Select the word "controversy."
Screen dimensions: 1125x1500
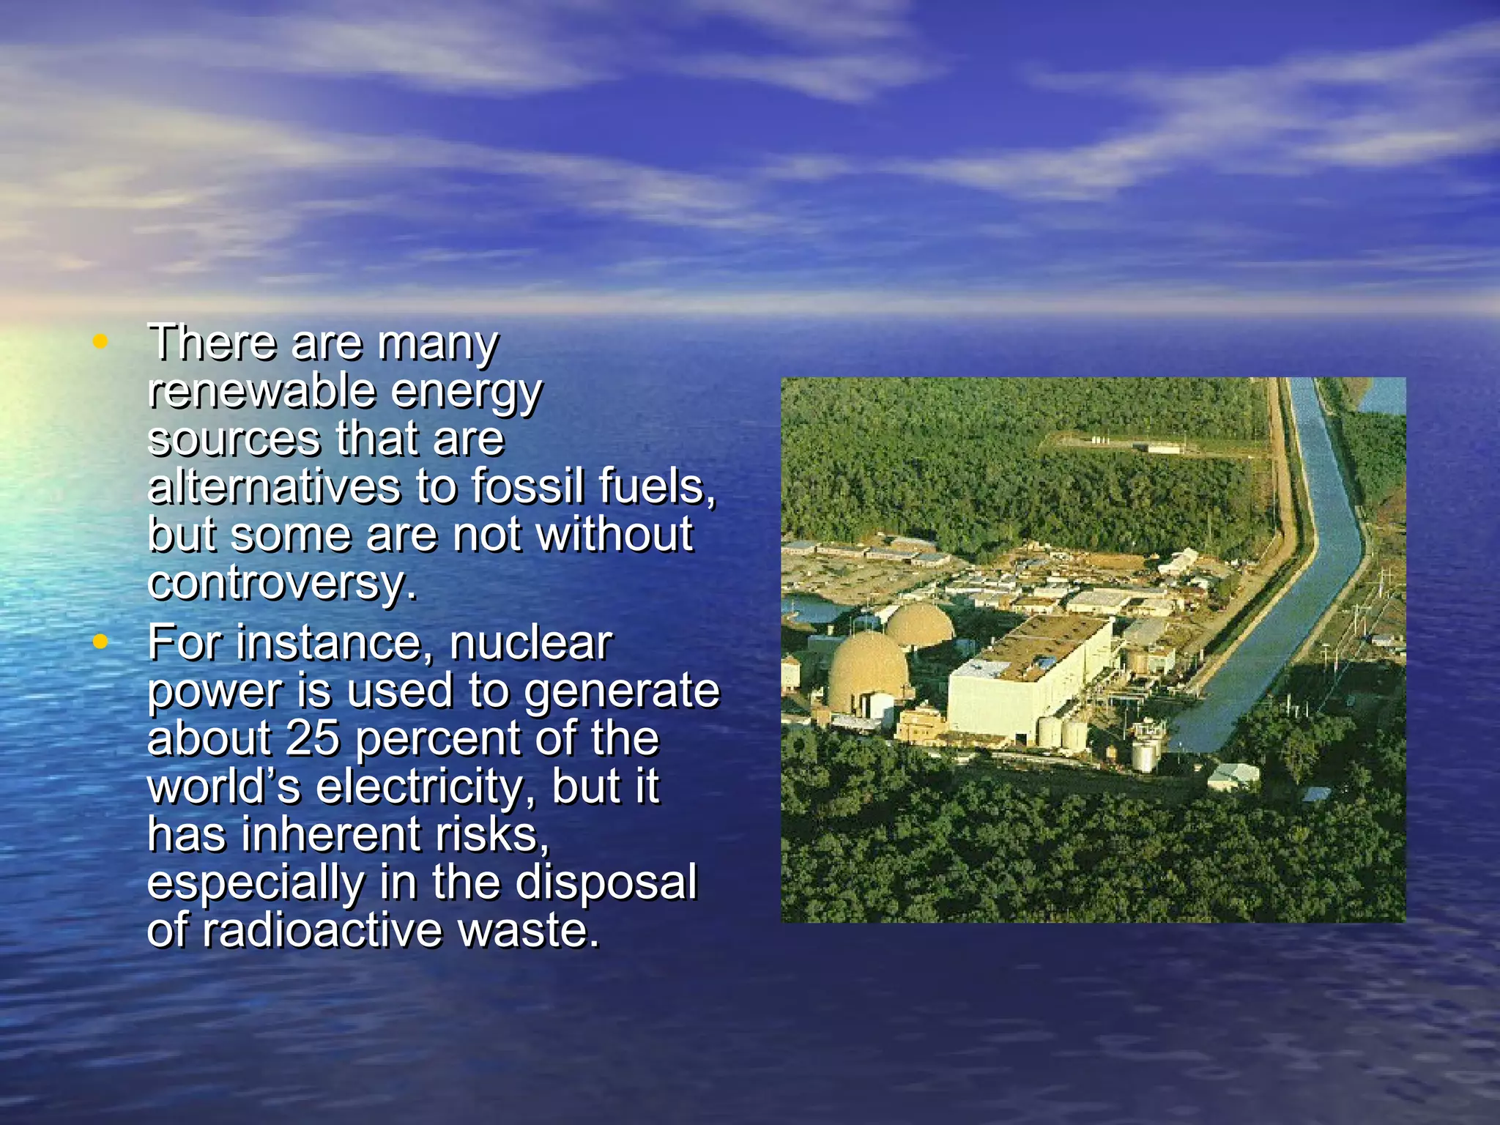282,583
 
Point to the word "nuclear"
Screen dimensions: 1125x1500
530,643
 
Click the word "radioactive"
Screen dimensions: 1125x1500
322,930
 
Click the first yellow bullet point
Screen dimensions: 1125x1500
100,341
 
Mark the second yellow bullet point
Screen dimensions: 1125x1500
100,642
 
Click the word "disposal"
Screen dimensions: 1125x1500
606,882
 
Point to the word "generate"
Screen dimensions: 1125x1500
622,691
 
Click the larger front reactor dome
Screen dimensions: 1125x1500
868,670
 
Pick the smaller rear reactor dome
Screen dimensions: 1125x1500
919,624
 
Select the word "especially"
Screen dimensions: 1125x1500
255,883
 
